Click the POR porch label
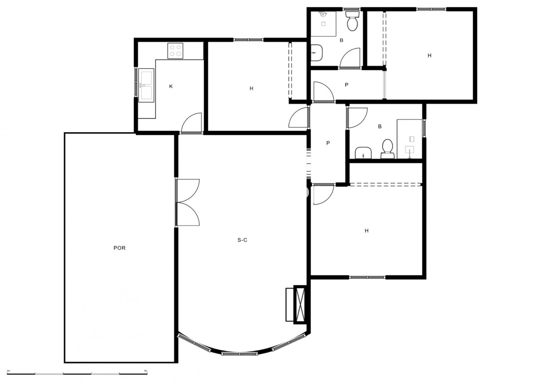click(119, 248)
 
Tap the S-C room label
click(242, 240)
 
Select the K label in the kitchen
click(171, 86)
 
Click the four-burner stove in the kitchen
click(175, 51)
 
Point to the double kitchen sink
click(146, 85)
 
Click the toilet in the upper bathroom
click(353, 21)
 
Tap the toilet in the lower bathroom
click(387, 149)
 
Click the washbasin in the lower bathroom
click(363, 153)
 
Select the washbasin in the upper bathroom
click(317, 53)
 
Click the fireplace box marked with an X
click(300, 304)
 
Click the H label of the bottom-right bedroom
click(366, 231)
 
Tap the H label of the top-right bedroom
click(429, 55)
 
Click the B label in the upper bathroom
click(341, 40)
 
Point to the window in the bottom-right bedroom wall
click(367, 277)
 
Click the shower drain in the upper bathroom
click(323, 24)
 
